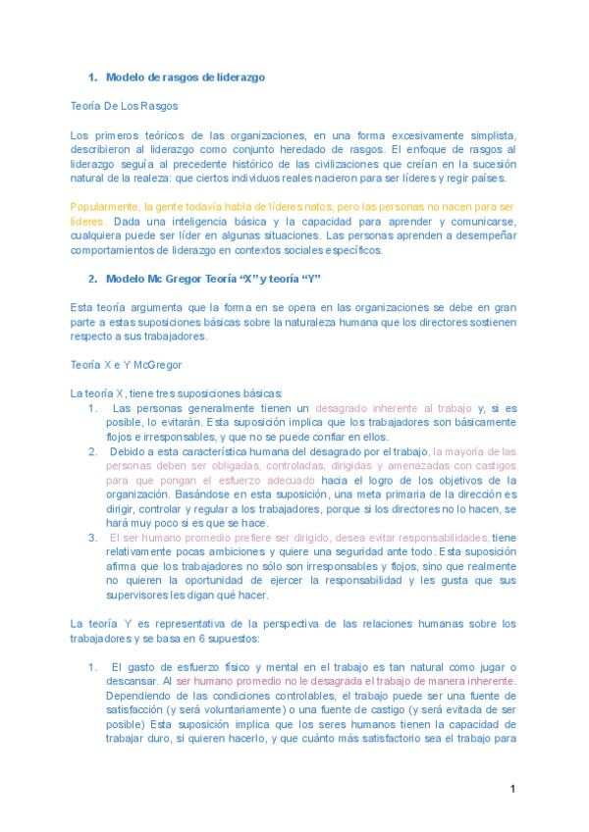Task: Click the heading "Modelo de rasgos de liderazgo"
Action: (185, 77)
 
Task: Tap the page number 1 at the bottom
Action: (512, 788)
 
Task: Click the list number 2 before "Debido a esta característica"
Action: (92, 451)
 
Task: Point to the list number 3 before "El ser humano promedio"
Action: (92, 538)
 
